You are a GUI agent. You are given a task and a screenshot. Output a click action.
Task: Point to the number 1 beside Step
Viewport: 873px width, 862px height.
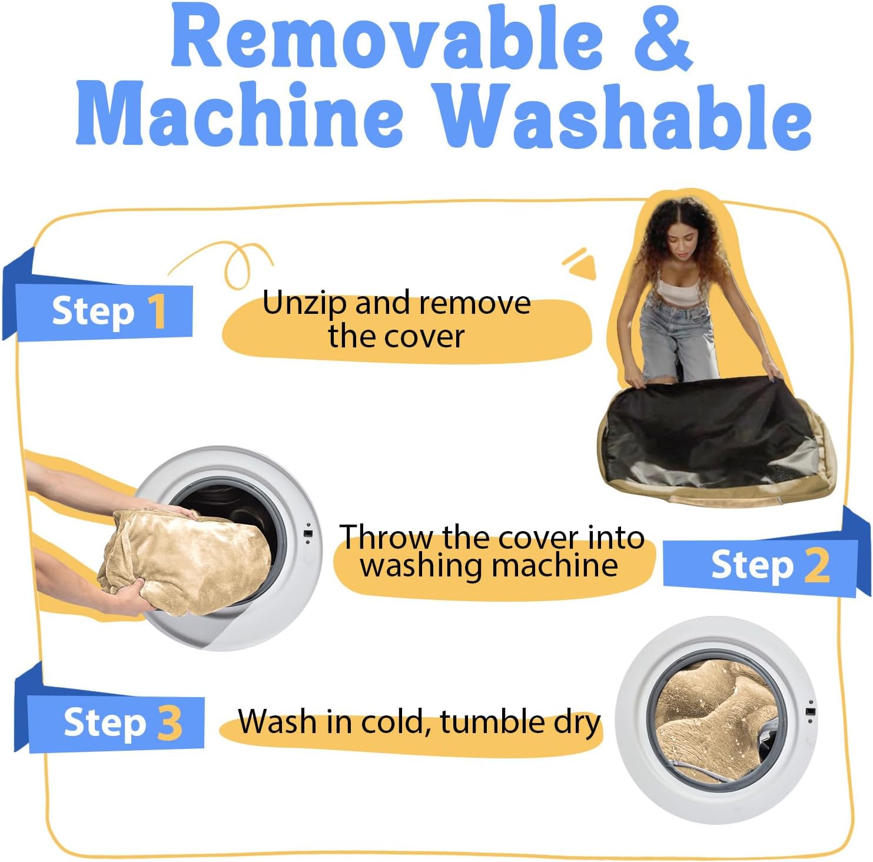[x=157, y=311]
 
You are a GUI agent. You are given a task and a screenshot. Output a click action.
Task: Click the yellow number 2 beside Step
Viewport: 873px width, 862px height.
[x=817, y=565]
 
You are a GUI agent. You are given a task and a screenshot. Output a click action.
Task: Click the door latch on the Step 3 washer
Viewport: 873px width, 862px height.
[x=811, y=712]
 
